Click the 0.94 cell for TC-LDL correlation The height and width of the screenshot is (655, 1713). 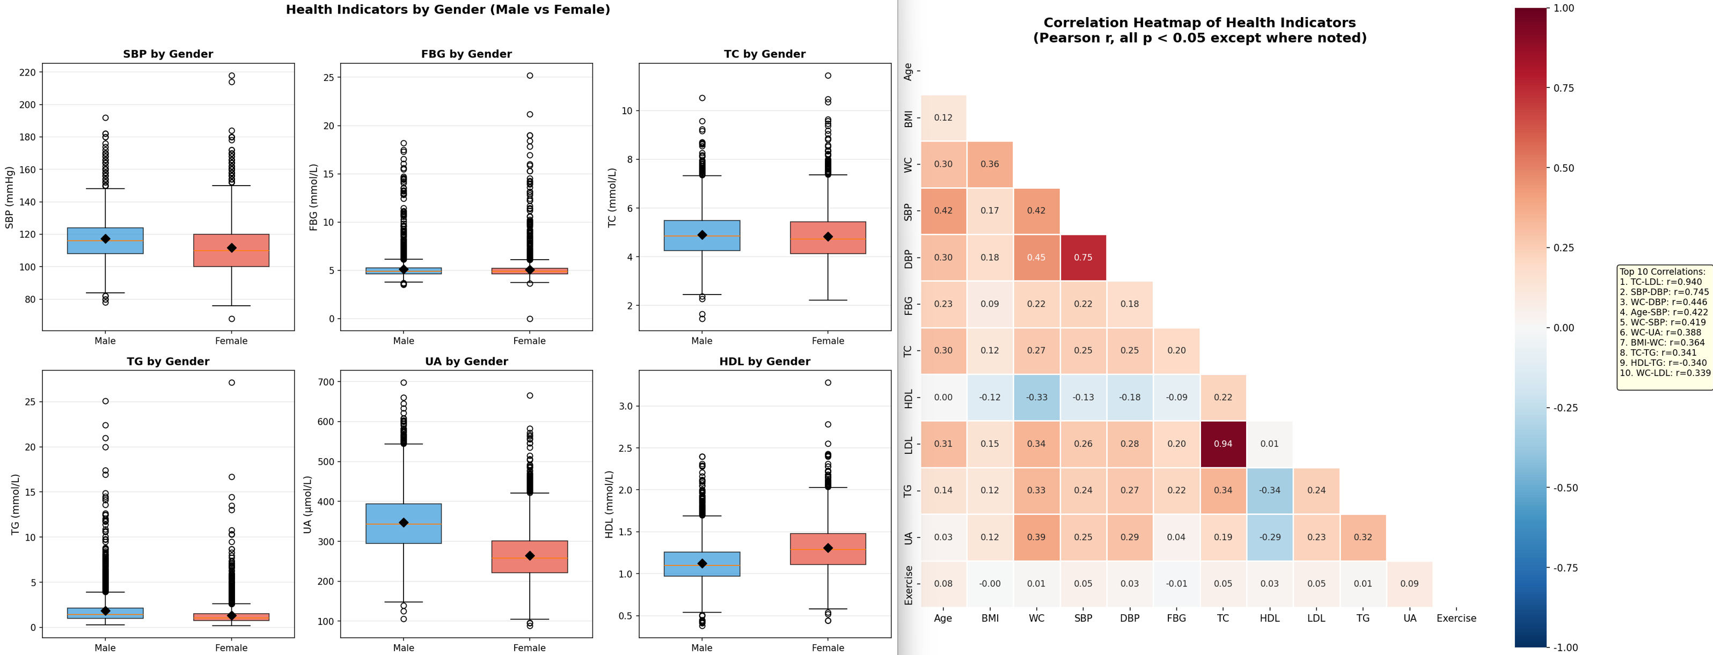tap(1223, 444)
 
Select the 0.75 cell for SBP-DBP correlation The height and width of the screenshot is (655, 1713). tap(1082, 257)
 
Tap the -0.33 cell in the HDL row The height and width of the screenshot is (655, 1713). tap(1036, 398)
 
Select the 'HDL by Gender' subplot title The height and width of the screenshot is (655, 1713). tap(765, 362)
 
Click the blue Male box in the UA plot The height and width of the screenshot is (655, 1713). tap(404, 524)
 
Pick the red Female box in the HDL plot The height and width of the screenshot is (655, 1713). tap(828, 549)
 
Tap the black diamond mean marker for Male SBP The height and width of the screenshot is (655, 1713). tap(105, 239)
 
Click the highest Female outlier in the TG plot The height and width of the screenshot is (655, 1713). tap(231, 382)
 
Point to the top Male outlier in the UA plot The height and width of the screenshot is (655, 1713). tap(404, 382)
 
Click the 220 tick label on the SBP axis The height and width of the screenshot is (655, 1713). tap(27, 72)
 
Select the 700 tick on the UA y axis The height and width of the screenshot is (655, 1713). tap(326, 382)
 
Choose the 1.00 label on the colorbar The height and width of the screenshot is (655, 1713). tap(1564, 8)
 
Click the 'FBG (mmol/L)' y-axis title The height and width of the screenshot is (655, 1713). tap(314, 197)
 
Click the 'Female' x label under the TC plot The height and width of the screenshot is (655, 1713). tap(828, 341)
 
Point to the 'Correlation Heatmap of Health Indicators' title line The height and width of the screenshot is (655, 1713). tap(1199, 23)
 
